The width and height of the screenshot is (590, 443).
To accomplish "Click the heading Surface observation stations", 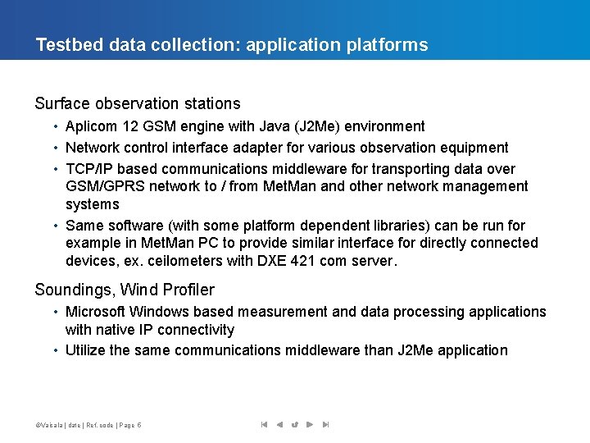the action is point(138,104).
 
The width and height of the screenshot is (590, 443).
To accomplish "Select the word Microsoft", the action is point(95,312).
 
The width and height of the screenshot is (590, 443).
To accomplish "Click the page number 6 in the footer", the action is point(139,425).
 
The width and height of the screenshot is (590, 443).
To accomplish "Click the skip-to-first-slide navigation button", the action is point(264,425).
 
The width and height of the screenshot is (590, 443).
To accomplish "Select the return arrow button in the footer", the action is point(294,425).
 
